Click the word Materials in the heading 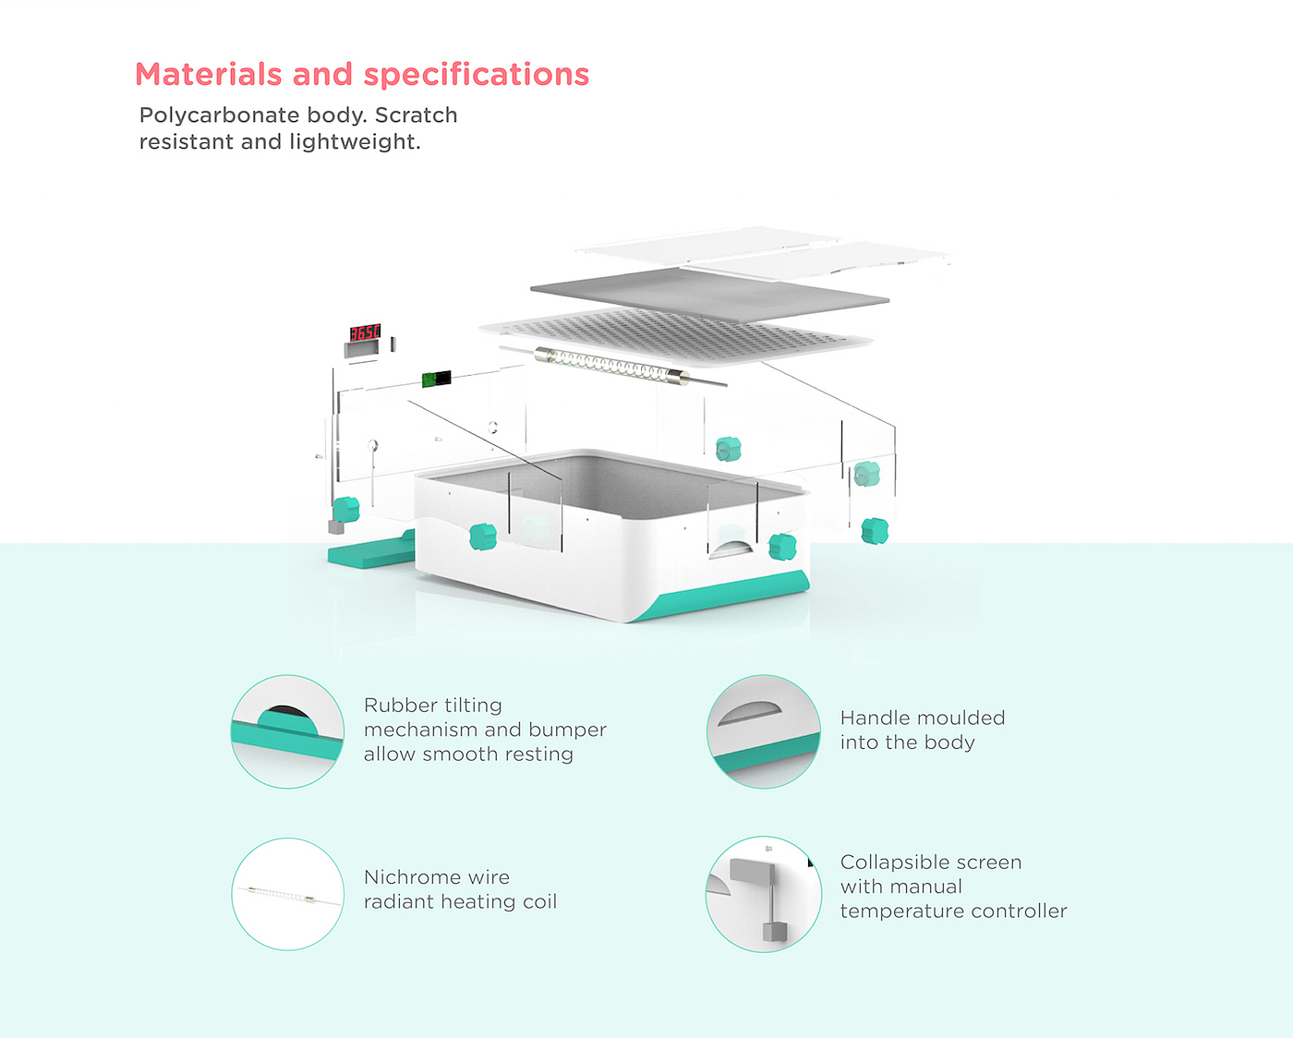click(208, 75)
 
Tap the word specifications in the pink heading click(477, 75)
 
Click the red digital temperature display click(364, 332)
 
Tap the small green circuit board click(436, 379)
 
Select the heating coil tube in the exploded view click(611, 366)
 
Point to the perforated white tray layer click(674, 333)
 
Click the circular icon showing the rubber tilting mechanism click(287, 731)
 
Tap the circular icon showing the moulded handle click(764, 731)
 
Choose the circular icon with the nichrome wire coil click(287, 894)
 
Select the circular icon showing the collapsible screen click(764, 894)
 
